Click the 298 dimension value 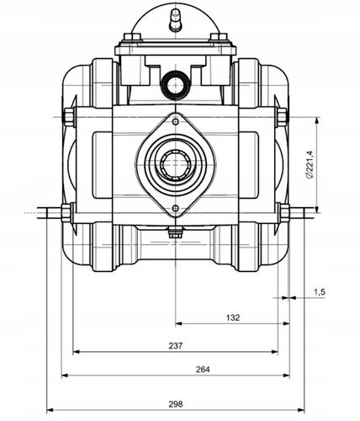coord(176,404)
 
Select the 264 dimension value coord(203,370)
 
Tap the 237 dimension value coord(176,345)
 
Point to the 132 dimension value coord(233,317)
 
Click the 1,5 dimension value coord(319,292)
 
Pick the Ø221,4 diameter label coord(310,164)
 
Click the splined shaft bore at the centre coord(176,163)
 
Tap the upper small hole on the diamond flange coord(176,122)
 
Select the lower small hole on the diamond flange coord(176,208)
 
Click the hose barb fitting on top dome coord(176,19)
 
